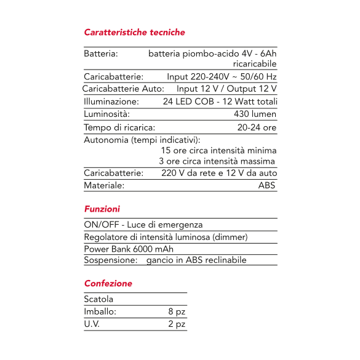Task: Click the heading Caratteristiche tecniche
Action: pyautogui.click(x=134, y=32)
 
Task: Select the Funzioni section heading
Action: pyautogui.click(x=102, y=209)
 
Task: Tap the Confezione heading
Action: pyautogui.click(x=108, y=284)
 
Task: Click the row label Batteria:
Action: pyautogui.click(x=101, y=54)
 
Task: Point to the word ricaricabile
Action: pyautogui.click(x=255, y=64)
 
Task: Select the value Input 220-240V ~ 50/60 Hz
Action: pyautogui.click(x=222, y=77)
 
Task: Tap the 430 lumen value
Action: pyautogui.click(x=255, y=114)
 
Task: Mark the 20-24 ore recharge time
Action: pyautogui.click(x=257, y=127)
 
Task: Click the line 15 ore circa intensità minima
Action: pyautogui.click(x=218, y=150)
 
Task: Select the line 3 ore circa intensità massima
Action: pyautogui.click(x=217, y=161)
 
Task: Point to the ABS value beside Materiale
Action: pyautogui.click(x=267, y=185)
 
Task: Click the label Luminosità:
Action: pyautogui.click(x=106, y=114)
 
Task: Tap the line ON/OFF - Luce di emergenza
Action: pyautogui.click(x=143, y=225)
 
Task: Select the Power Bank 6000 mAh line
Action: pyautogui.click(x=129, y=249)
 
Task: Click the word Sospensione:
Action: pyautogui.click(x=110, y=260)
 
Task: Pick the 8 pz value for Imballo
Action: pyautogui.click(x=177, y=311)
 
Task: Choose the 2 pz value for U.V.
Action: pyautogui.click(x=177, y=324)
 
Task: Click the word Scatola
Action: pyautogui.click(x=98, y=299)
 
